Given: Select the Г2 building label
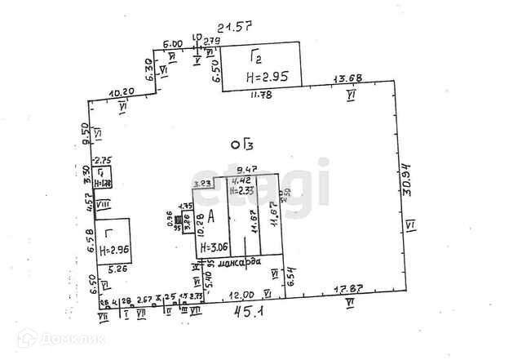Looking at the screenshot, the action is click(x=256, y=56).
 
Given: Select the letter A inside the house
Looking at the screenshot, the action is click(x=211, y=216).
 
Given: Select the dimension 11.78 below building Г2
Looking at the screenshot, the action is click(x=261, y=94).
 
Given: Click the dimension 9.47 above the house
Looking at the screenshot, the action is click(x=237, y=170).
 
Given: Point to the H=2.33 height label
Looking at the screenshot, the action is click(x=241, y=189).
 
